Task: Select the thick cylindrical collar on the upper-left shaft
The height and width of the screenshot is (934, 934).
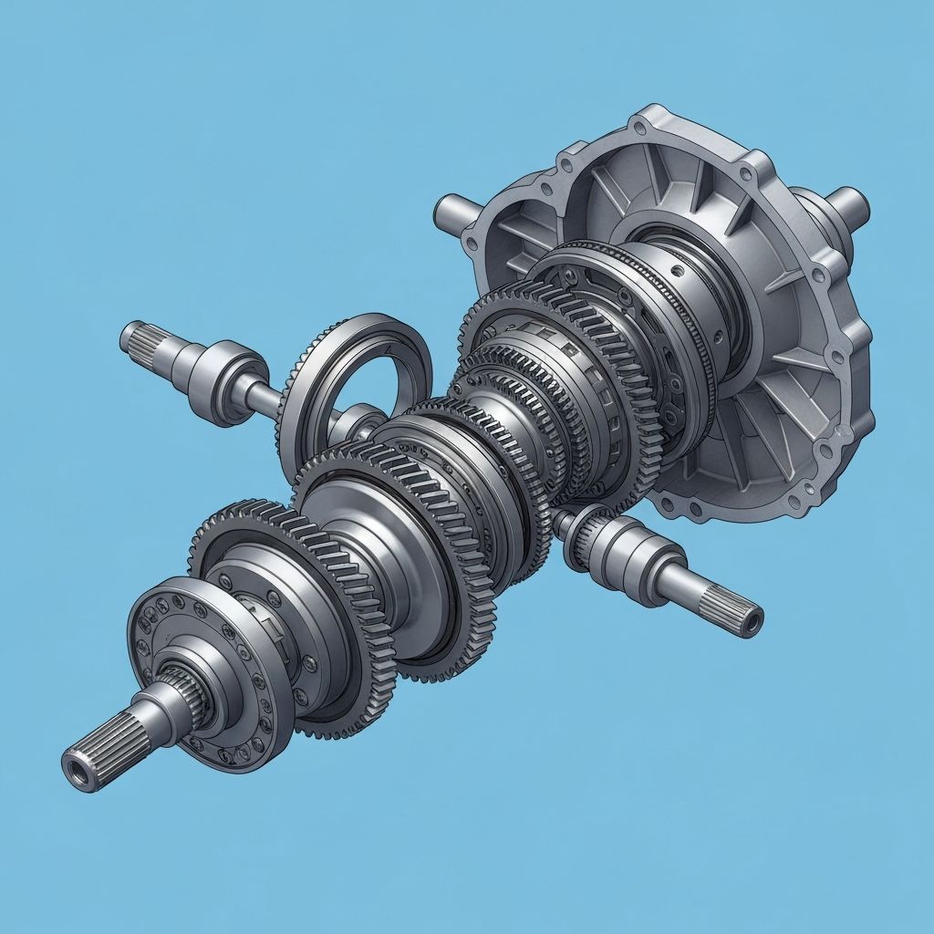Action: [x=217, y=382]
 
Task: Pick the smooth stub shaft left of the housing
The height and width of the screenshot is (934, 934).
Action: [x=452, y=213]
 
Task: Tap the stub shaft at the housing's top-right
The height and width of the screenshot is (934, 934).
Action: [x=846, y=203]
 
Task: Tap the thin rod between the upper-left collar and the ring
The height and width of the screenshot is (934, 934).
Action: [x=263, y=398]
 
